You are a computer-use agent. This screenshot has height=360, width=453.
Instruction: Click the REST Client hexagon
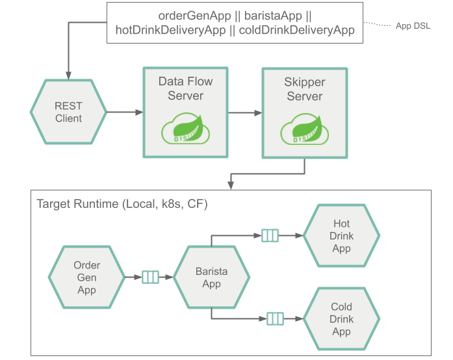pos(68,112)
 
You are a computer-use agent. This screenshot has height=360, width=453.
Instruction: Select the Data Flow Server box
pos(185,111)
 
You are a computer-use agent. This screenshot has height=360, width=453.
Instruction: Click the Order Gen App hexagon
pos(86,277)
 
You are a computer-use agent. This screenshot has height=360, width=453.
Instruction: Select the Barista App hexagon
pos(211,277)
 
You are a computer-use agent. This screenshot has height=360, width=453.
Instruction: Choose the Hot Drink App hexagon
pos(341,236)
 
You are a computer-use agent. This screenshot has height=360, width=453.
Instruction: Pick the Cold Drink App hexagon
pos(341,319)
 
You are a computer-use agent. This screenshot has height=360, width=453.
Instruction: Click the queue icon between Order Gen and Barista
pos(150,277)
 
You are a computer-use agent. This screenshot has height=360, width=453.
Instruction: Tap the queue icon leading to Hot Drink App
pos(270,236)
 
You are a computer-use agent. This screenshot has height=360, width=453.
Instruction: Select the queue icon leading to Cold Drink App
pos(275,318)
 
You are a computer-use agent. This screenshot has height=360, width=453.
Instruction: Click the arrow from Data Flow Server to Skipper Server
pos(244,112)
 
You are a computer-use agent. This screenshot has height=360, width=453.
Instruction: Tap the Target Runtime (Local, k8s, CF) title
pos(122,203)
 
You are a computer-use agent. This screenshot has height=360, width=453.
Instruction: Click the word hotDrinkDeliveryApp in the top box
pos(169,30)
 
